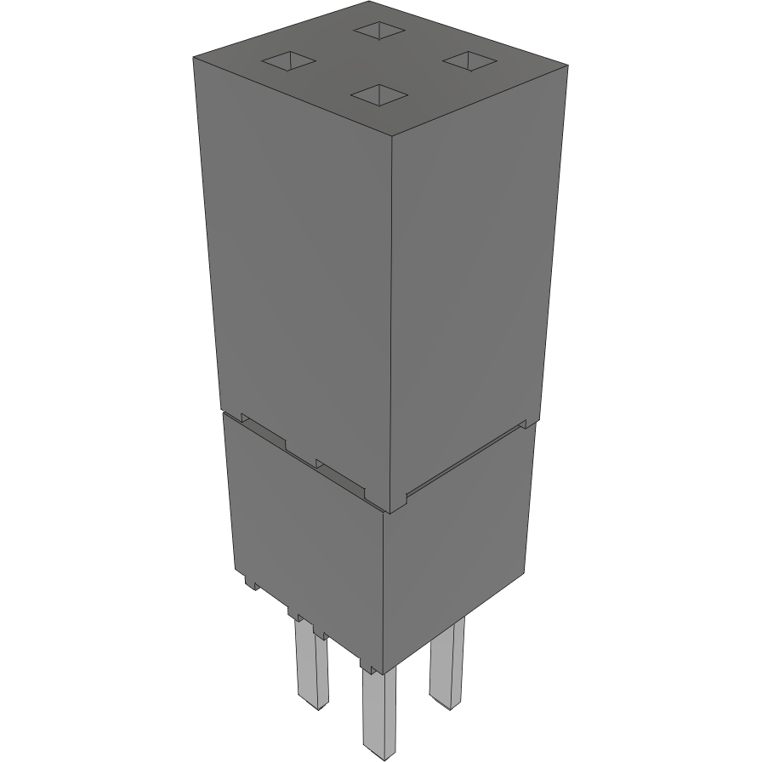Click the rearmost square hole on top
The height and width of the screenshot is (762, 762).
pos(378,31)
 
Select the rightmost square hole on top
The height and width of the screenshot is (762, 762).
pos(469,60)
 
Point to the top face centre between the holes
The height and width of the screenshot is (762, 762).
pos(379,62)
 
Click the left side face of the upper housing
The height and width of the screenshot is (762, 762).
pos(298,264)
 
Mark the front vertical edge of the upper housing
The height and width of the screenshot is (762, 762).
pos(392,323)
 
